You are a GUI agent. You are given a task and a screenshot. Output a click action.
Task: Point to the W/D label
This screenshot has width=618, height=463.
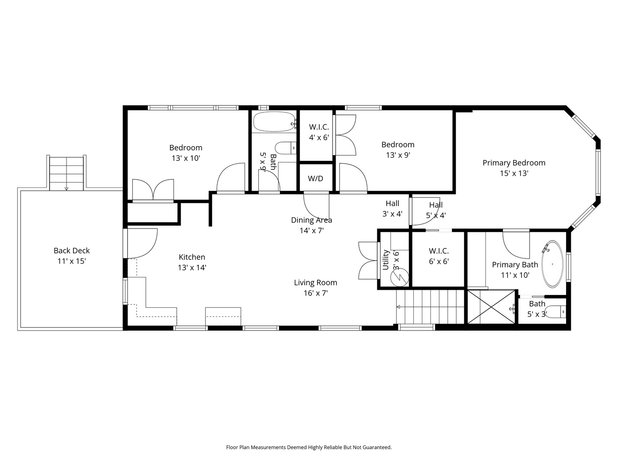click(x=315, y=178)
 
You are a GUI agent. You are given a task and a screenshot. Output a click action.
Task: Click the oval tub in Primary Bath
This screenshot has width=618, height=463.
click(x=552, y=264)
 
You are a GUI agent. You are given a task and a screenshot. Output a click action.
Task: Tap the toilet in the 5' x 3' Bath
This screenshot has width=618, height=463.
click(x=557, y=312)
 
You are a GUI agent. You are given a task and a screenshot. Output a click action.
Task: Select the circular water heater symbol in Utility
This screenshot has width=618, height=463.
click(x=399, y=277)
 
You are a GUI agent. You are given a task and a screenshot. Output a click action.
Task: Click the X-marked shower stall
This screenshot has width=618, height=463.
click(x=491, y=307)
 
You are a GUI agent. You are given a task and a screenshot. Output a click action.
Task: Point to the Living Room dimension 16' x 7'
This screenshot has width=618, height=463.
click(x=315, y=293)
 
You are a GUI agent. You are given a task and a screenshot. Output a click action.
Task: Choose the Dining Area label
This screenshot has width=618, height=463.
click(x=312, y=220)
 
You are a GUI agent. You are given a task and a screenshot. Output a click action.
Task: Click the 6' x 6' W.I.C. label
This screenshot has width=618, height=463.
click(x=439, y=256)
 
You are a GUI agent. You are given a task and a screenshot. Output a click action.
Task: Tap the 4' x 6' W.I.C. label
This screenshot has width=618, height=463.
click(x=319, y=132)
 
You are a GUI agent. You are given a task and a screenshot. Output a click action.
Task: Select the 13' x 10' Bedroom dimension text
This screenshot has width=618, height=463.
click(x=186, y=158)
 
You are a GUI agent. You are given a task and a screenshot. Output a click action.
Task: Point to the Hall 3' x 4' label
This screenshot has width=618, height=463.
click(x=392, y=209)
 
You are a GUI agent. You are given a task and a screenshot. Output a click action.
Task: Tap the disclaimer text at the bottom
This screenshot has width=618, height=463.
click(x=309, y=447)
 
